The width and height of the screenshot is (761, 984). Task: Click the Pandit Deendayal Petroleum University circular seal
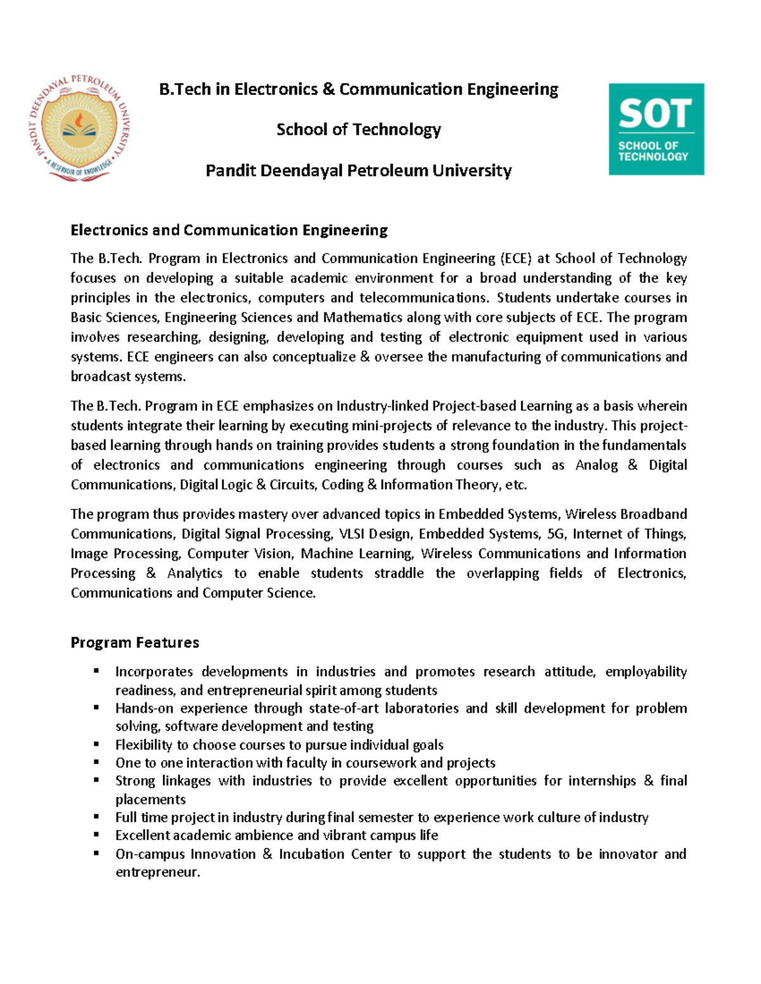pyautogui.click(x=79, y=127)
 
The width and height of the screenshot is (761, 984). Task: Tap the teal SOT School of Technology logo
pyautogui.click(x=656, y=129)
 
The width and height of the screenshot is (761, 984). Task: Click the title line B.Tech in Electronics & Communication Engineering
pyautogui.click(x=358, y=89)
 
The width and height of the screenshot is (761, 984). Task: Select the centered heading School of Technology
pyautogui.click(x=358, y=130)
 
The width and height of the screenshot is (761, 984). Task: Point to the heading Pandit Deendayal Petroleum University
pyautogui.click(x=358, y=170)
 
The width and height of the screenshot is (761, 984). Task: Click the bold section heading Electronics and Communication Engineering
pyautogui.click(x=229, y=230)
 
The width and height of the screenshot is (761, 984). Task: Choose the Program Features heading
pyautogui.click(x=134, y=642)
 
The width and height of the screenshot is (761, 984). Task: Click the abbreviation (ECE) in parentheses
pyautogui.click(x=516, y=259)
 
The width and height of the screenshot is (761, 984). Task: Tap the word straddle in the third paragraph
pyautogui.click(x=398, y=573)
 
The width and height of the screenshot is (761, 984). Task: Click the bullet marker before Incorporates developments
pyautogui.click(x=96, y=670)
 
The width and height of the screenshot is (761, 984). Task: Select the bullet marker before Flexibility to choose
pyautogui.click(x=96, y=744)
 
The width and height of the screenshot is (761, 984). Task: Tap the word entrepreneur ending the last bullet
pyautogui.click(x=157, y=872)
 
